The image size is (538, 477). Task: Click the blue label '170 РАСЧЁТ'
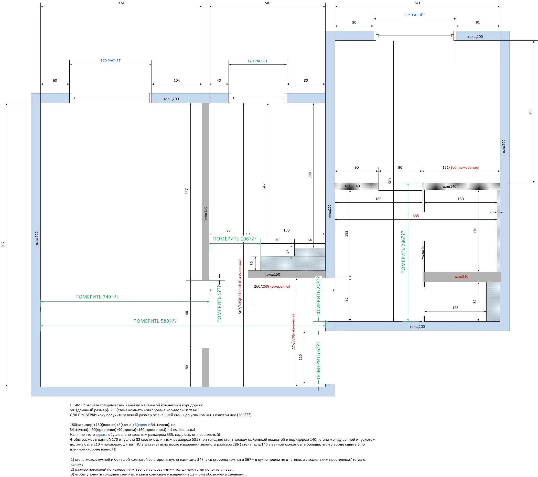(110, 60)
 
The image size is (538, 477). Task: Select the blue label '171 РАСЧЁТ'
(415, 15)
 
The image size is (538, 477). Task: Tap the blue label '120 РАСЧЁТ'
(257, 61)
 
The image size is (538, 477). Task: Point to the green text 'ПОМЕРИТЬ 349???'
(97, 297)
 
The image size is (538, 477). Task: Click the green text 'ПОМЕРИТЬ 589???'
(155, 321)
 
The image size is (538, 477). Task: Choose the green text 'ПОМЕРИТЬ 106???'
(234, 239)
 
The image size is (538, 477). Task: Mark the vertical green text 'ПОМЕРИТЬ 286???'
(403, 252)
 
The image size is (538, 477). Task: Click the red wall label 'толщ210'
(461, 277)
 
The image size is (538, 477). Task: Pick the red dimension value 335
(416, 216)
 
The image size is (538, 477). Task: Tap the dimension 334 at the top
(121, 3)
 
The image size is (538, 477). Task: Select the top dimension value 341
(417, 3)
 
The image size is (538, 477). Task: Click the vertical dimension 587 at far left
(3, 244)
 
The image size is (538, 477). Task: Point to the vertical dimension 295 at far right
(530, 112)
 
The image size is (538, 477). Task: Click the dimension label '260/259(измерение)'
(272, 286)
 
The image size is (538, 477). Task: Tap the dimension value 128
(455, 308)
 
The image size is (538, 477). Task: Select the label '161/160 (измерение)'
(461, 167)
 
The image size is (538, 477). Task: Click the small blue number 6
(491, 212)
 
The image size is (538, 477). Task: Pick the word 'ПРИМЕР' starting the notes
(77, 405)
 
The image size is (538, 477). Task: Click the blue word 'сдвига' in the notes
(101, 435)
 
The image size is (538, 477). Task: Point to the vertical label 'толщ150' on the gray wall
(206, 214)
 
